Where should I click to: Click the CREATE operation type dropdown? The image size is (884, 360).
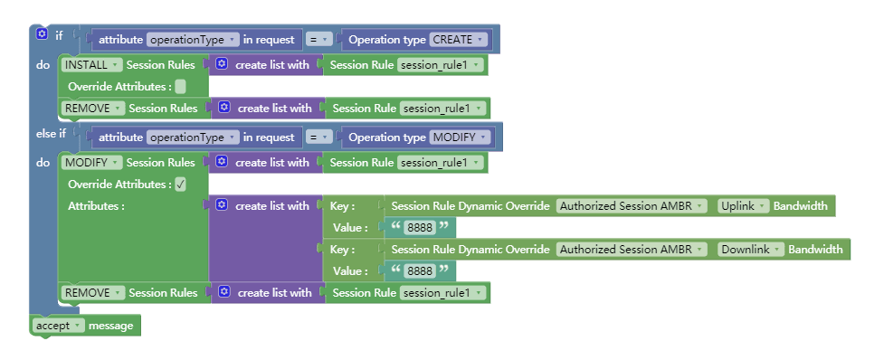coord(458,40)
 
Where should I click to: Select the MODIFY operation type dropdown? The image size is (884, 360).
coord(459,137)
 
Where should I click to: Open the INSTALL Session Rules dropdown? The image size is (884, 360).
coord(90,65)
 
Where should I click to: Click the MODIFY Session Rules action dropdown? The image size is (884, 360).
coord(91,163)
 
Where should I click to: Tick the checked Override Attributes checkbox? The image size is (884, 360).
coord(181,185)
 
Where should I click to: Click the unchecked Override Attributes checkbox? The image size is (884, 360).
coord(181,87)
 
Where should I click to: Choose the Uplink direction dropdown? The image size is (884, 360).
coord(743,206)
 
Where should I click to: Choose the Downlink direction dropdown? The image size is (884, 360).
coord(750,250)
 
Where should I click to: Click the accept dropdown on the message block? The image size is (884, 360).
coord(58,325)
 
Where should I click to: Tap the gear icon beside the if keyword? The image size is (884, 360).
coord(42,35)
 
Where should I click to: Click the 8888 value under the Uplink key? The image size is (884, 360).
coord(421,228)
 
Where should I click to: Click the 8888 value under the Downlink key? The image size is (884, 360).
coord(421,271)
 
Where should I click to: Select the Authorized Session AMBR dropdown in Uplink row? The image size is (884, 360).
coord(632,206)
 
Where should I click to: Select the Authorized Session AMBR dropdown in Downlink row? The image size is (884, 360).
coord(632,250)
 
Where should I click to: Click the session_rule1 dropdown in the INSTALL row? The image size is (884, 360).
coord(441,65)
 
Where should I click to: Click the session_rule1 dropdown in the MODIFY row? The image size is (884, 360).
coord(441,163)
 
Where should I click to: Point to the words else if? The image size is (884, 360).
coord(51,134)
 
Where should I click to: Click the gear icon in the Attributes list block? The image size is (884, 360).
coord(223,206)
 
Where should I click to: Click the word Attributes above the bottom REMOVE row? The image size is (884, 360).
coord(95,206)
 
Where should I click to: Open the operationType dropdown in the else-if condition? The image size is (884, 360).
coord(192,137)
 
